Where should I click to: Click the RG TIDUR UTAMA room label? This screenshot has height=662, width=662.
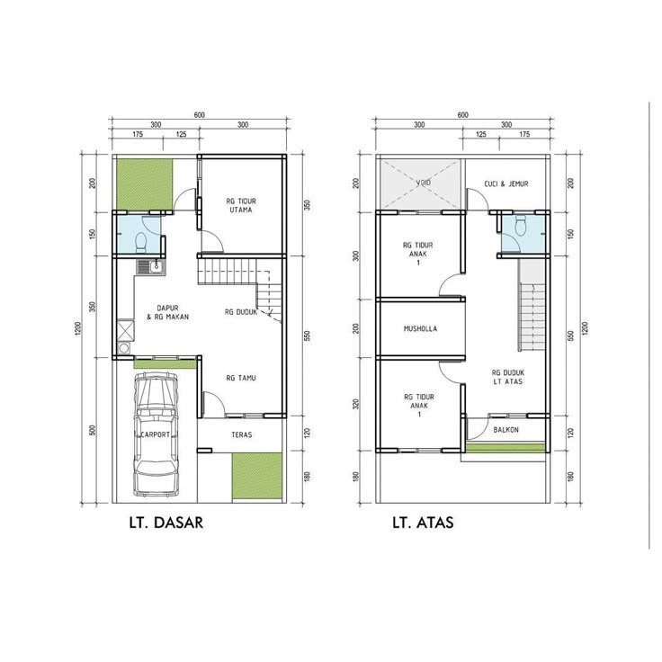pyautogui.click(x=241, y=206)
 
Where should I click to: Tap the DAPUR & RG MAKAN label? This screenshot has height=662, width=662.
pyautogui.click(x=167, y=312)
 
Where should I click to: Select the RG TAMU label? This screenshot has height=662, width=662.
pyautogui.click(x=241, y=378)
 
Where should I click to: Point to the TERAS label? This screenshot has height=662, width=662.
pyautogui.click(x=242, y=434)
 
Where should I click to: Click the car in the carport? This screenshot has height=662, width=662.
pyautogui.click(x=155, y=434)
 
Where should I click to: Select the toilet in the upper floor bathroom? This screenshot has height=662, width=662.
pyautogui.click(x=521, y=226)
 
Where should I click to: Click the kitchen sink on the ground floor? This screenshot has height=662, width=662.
pyautogui.click(x=151, y=266)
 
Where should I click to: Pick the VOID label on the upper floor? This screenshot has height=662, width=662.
pyautogui.click(x=424, y=183)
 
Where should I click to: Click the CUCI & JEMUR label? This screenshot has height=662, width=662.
pyautogui.click(x=506, y=183)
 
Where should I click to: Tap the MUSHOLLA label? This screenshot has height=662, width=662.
pyautogui.click(x=420, y=328)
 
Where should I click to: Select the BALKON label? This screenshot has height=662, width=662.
pyautogui.click(x=505, y=430)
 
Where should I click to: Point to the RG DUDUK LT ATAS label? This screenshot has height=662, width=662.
pyautogui.click(x=508, y=377)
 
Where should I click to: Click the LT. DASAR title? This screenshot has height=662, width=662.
pyautogui.click(x=165, y=523)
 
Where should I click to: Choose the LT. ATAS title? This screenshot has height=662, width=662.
pyautogui.click(x=423, y=523)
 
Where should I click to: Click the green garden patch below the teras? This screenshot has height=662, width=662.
pyautogui.click(x=256, y=478)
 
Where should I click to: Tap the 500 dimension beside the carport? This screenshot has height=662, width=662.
pyautogui.click(x=94, y=431)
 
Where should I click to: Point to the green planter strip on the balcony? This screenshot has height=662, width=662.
pyautogui.click(x=505, y=447)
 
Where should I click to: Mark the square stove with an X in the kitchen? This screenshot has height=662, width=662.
pyautogui.click(x=125, y=331)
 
